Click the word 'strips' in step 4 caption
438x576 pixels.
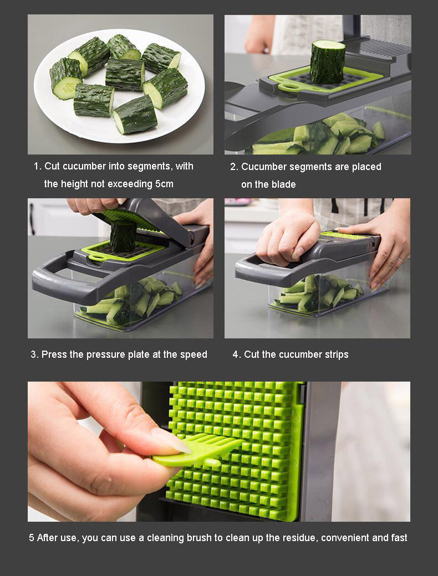tap(335, 354)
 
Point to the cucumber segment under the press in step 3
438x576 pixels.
tap(123, 236)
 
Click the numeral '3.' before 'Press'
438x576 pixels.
tap(34, 354)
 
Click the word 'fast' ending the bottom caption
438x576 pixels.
tap(398, 538)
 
